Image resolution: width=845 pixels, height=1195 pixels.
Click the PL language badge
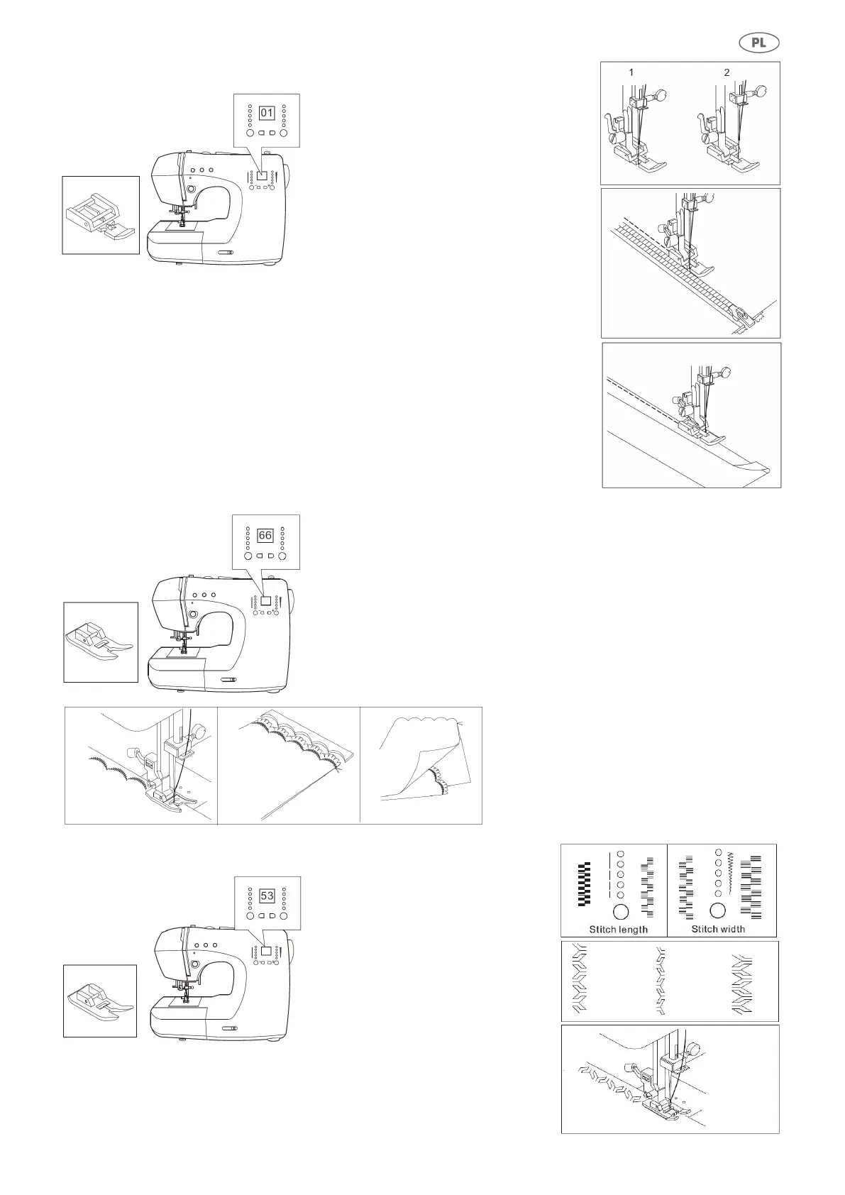758,43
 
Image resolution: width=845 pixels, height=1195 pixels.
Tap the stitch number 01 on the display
267,113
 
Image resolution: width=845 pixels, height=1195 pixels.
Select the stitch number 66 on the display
265,535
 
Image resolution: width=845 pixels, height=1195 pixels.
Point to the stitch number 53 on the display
267,896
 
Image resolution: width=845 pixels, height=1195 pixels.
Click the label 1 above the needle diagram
631,72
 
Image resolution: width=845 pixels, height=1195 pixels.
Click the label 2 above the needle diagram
727,72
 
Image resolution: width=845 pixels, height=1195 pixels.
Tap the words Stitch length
618,929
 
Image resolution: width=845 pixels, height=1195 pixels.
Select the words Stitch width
718,929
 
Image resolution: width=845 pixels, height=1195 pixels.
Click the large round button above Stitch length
620,912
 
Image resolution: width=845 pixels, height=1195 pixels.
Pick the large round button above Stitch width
718,910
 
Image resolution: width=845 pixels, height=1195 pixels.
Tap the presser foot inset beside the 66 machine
100,643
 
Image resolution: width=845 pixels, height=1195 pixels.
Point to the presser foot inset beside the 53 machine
100,1001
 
